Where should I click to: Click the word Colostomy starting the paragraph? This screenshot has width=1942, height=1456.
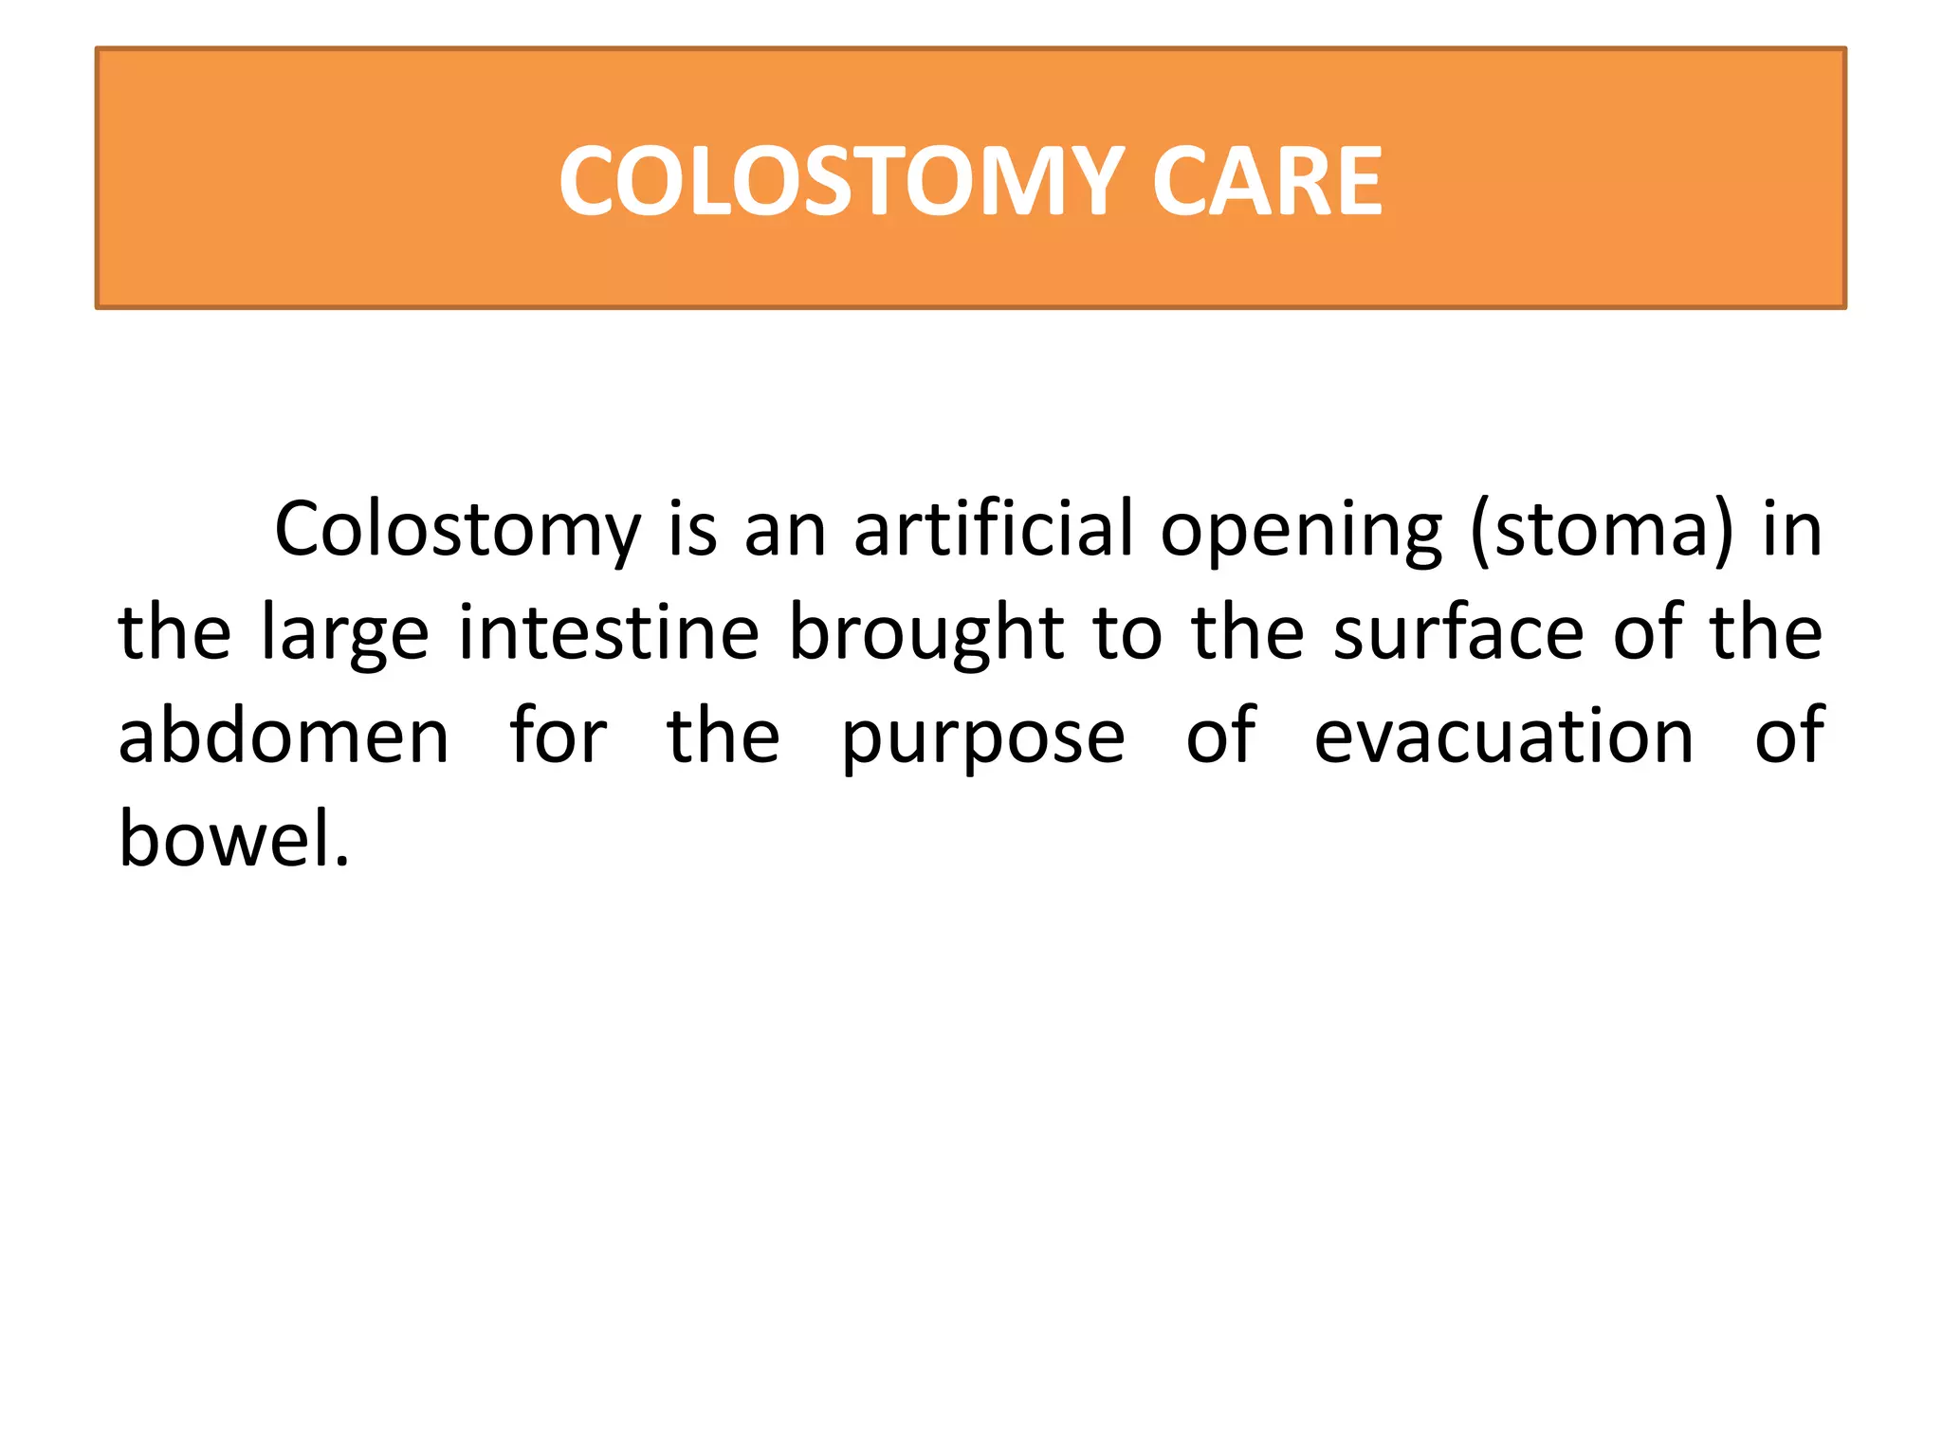click(457, 531)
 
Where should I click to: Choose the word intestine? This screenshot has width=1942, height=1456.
click(609, 633)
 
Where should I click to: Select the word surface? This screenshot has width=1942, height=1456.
click(1458, 633)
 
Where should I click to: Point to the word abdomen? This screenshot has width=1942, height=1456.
click(284, 737)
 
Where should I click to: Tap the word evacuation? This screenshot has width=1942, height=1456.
click(1503, 737)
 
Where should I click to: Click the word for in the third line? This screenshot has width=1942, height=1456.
click(559, 737)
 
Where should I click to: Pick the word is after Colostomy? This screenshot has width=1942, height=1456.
click(692, 531)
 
